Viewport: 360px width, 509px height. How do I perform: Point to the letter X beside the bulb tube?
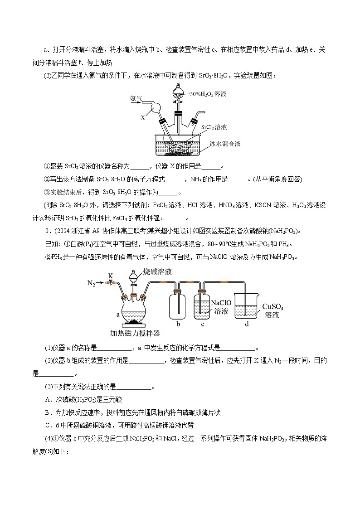click(x=142, y=116)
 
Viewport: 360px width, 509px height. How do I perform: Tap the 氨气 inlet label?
click(x=136, y=98)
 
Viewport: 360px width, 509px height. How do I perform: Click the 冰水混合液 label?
click(x=225, y=144)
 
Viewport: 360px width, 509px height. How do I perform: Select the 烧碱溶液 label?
click(x=157, y=271)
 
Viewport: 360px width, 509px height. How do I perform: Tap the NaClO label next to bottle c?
click(x=222, y=302)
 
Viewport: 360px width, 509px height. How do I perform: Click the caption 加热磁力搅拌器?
click(x=135, y=333)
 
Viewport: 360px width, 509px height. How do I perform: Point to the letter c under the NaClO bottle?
click(x=202, y=324)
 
